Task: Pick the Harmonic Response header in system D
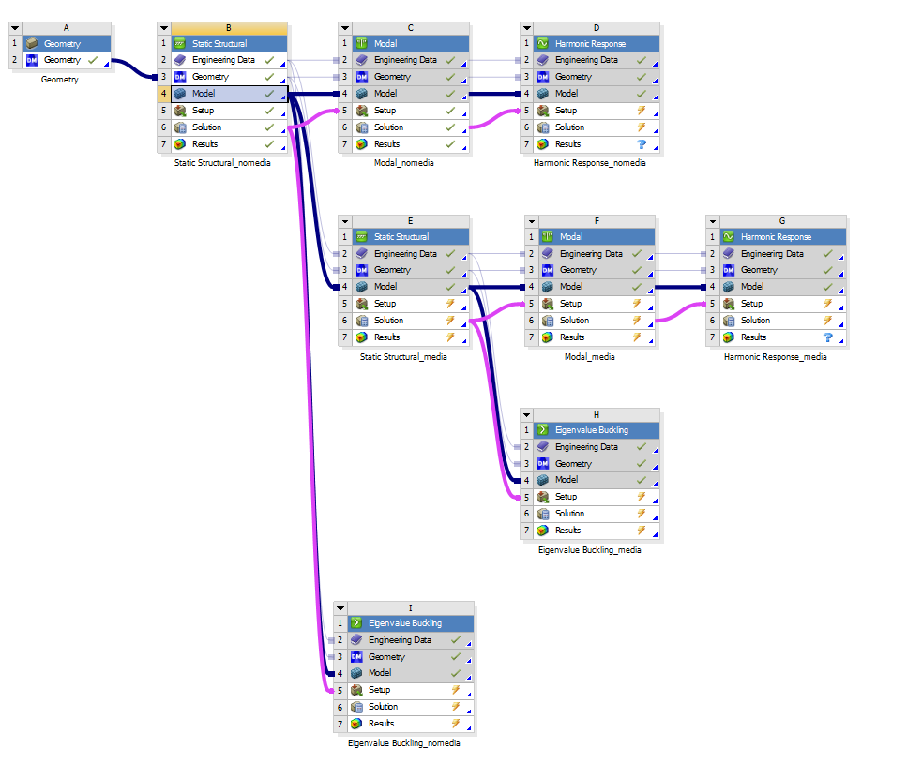[x=590, y=43]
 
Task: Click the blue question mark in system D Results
[x=642, y=144]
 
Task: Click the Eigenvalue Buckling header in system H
[x=592, y=430]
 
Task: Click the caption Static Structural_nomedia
[x=222, y=163]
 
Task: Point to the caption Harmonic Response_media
[x=775, y=357]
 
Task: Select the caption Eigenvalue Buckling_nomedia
[x=403, y=743]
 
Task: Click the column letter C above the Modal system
[x=410, y=28]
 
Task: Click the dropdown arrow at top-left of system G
[x=715, y=222]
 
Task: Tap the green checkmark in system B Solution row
[x=269, y=127]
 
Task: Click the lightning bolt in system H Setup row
[x=642, y=497]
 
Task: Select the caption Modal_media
[x=590, y=357]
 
